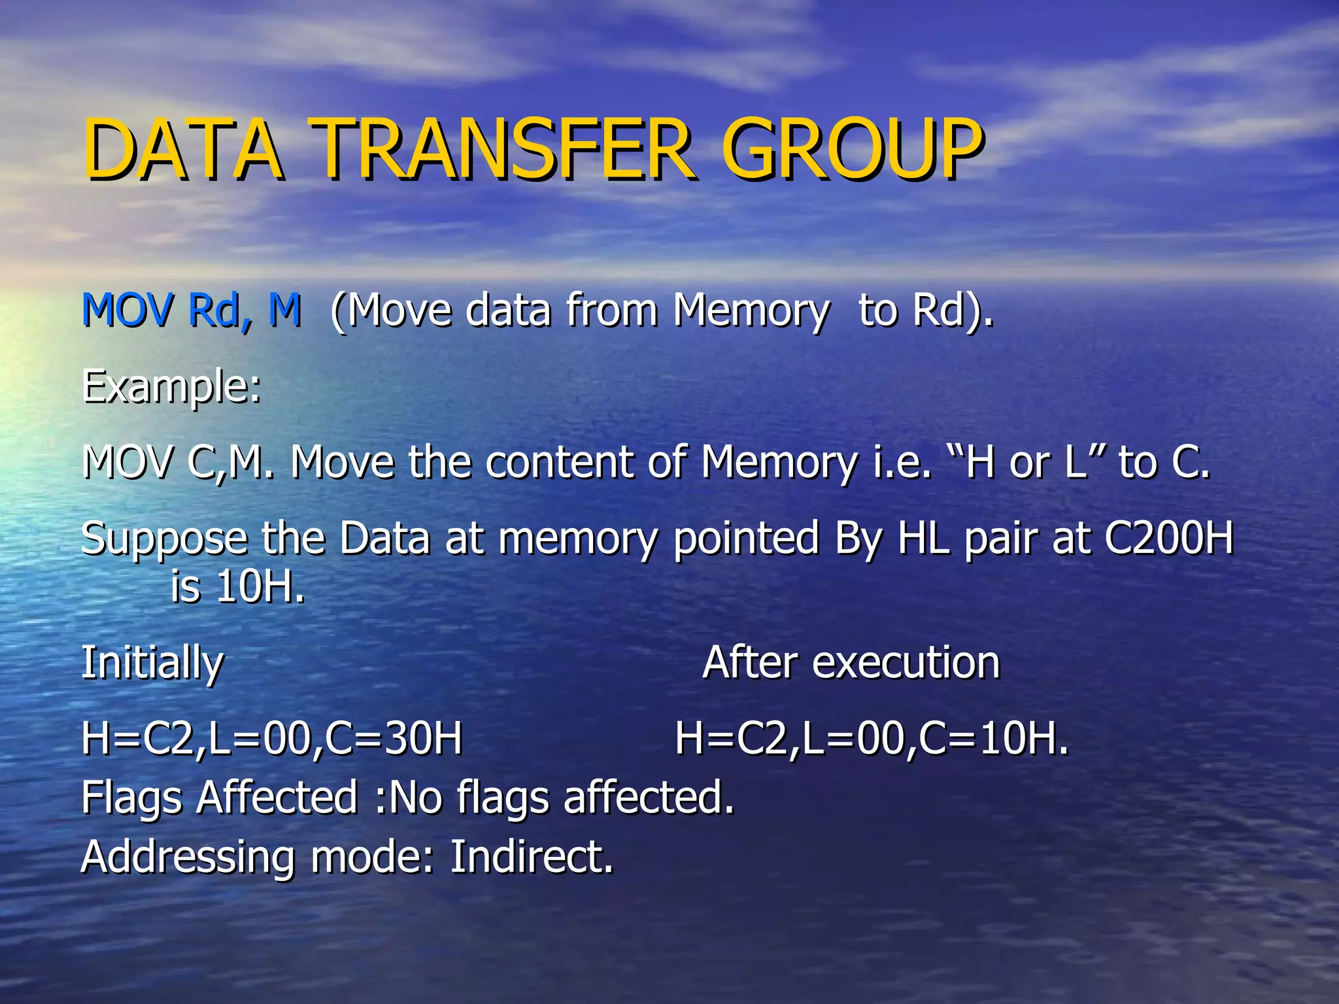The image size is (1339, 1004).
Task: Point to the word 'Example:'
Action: (x=171, y=387)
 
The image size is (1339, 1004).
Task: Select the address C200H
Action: (x=1168, y=539)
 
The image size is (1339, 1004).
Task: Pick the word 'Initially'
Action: (x=152, y=663)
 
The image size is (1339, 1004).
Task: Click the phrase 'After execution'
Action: (x=851, y=663)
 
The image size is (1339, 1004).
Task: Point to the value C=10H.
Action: (x=994, y=739)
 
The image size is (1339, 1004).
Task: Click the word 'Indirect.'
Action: (x=532, y=857)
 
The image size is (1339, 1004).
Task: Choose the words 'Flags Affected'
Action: (x=220, y=797)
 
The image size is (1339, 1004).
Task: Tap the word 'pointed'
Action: (x=746, y=539)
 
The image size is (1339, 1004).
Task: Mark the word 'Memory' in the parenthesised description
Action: (x=751, y=310)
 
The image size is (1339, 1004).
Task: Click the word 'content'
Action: (x=560, y=463)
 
